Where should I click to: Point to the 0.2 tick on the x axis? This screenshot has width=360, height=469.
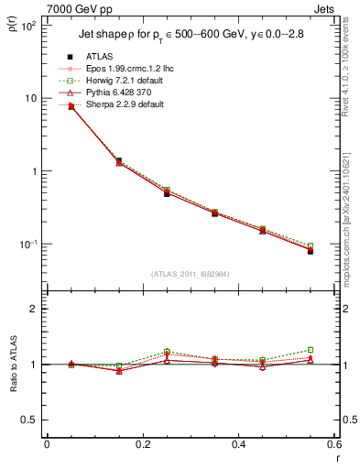(x=142, y=444)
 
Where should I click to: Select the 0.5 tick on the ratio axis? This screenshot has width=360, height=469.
(x=29, y=420)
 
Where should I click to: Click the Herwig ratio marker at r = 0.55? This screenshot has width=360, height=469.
(x=311, y=349)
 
